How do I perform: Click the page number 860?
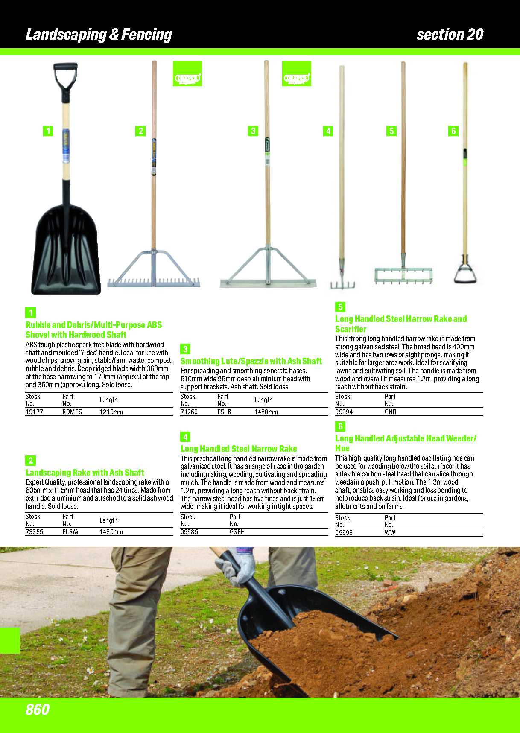click(38, 709)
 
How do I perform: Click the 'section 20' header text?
click(450, 35)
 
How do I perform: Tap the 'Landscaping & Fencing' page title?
click(99, 35)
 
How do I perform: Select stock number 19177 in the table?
click(34, 412)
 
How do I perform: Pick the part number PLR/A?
click(70, 532)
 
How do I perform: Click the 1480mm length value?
click(266, 412)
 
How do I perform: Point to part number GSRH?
click(237, 532)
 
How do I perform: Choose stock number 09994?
click(344, 412)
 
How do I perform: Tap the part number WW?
click(390, 533)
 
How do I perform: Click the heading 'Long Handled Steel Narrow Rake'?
click(239, 449)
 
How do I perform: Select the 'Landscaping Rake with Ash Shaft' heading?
click(85, 473)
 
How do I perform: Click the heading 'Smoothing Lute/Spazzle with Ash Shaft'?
click(251, 361)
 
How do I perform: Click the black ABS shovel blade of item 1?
click(66, 252)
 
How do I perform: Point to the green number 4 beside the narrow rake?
click(328, 131)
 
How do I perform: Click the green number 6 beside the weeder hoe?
click(453, 131)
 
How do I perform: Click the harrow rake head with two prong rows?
click(403, 275)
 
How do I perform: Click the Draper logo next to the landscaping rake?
click(187, 74)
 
